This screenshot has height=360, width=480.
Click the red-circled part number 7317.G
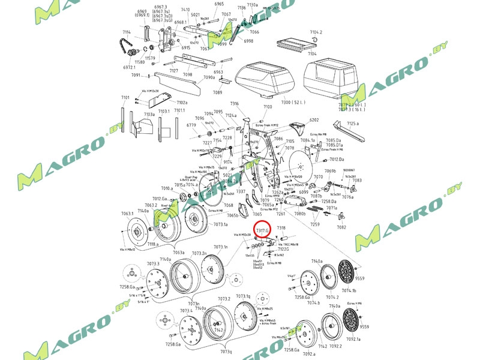263,229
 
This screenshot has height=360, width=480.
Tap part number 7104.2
316,32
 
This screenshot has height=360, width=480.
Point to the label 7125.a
353,123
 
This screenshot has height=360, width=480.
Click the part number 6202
314,120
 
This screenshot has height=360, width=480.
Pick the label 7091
136,75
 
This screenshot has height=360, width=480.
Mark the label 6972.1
130,68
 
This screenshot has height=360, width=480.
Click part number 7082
342,227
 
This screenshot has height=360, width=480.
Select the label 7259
315,224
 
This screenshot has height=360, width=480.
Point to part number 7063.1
127,213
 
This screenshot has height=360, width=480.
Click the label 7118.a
153,244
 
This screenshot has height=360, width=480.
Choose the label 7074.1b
349,290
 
